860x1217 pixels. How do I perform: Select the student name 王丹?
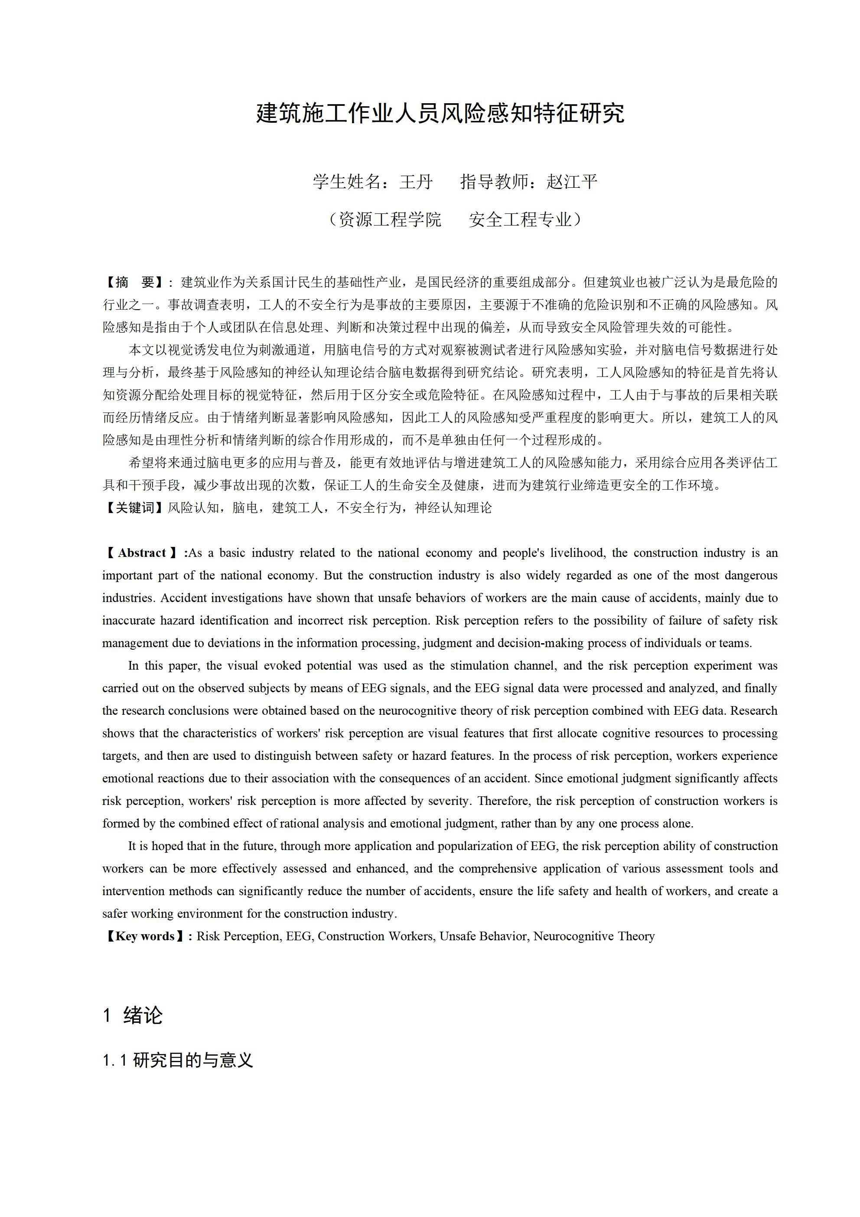pyautogui.click(x=417, y=182)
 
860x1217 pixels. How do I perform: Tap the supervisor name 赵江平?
pyautogui.click(x=572, y=182)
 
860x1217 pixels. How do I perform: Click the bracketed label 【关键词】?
pyautogui.click(x=134, y=508)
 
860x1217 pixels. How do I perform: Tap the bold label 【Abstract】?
pyautogui.click(x=142, y=553)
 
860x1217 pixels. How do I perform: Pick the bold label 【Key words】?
pyautogui.click(x=145, y=936)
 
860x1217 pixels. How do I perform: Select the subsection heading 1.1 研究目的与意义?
pyautogui.click(x=178, y=1060)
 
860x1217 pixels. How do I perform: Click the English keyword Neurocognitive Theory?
pyautogui.click(x=594, y=936)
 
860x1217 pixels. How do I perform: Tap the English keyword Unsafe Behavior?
pyautogui.click(x=484, y=936)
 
